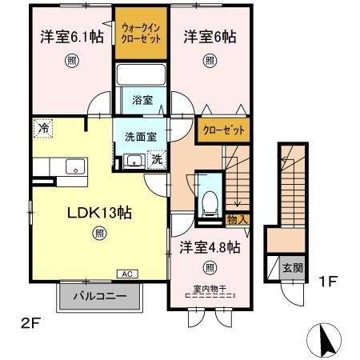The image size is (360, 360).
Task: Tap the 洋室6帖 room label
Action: [x=210, y=36]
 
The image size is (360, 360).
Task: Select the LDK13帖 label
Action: [x=98, y=214]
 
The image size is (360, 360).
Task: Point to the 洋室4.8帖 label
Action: [x=209, y=247]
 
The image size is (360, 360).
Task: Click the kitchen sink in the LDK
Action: [x=75, y=166]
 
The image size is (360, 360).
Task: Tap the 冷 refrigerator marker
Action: [x=42, y=126]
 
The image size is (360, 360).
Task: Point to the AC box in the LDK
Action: [x=126, y=274]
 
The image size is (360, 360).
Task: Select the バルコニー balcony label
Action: [x=98, y=296]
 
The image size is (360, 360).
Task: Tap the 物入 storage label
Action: [x=238, y=218]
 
